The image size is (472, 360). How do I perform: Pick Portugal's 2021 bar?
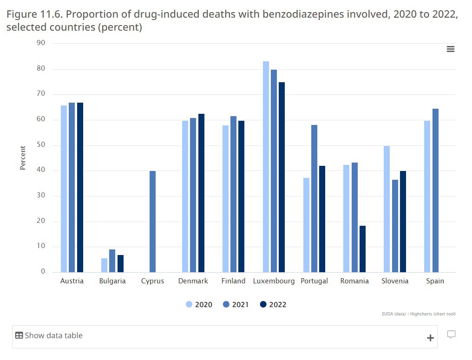click(x=314, y=198)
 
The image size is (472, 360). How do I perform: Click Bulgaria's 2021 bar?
click(x=112, y=261)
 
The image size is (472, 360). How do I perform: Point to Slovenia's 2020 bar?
click(x=387, y=209)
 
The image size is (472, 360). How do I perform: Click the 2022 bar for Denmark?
click(x=201, y=193)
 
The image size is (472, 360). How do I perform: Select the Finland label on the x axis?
click(x=233, y=281)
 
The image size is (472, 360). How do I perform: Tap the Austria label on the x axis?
click(x=72, y=281)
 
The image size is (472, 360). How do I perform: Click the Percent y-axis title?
click(x=23, y=158)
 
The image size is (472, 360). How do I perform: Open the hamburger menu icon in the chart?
click(x=450, y=49)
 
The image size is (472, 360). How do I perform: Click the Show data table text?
click(x=53, y=335)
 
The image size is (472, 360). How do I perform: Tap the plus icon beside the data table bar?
click(x=430, y=338)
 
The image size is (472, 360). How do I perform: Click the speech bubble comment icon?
click(x=451, y=334)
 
